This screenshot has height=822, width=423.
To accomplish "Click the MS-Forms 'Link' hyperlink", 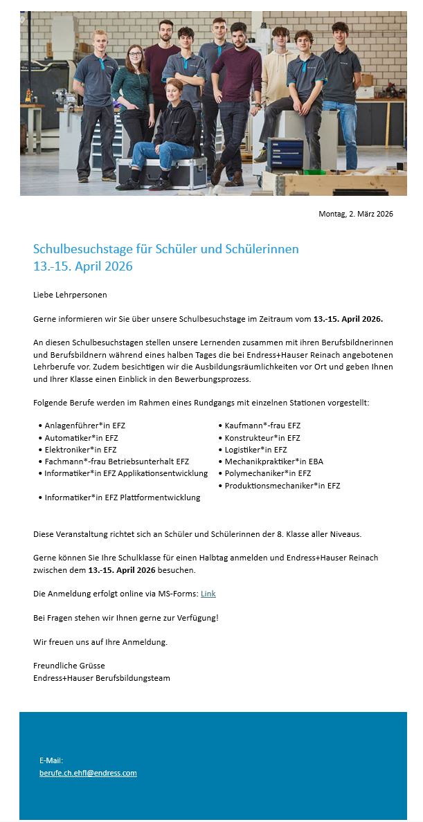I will pyautogui.click(x=208, y=594).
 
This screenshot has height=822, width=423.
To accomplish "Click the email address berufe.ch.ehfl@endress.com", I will pyautogui.click(x=88, y=773).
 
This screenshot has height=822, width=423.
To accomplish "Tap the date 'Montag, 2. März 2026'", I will pyautogui.click(x=355, y=214).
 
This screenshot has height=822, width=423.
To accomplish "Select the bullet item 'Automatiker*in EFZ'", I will pyautogui.click(x=81, y=438).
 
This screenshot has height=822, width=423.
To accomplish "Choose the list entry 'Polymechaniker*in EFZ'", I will pyautogui.click(x=268, y=473).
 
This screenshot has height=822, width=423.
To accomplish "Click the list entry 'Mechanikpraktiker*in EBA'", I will pyautogui.click(x=273, y=462).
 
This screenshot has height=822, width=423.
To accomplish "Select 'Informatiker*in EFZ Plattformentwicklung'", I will pyautogui.click(x=122, y=497).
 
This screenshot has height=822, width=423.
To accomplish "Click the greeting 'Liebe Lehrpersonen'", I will pyautogui.click(x=70, y=295).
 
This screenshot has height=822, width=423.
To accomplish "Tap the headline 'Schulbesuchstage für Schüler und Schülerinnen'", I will pyautogui.click(x=166, y=249).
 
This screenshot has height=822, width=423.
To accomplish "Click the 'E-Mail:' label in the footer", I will pyautogui.click(x=51, y=760).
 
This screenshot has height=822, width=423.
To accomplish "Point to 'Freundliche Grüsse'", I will pyautogui.click(x=69, y=666).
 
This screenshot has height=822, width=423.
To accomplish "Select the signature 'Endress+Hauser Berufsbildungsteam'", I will pyautogui.click(x=102, y=678).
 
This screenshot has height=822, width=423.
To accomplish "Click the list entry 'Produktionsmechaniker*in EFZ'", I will pyautogui.click(x=282, y=486).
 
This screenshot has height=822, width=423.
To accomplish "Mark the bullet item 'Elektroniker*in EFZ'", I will pyautogui.click(x=80, y=450).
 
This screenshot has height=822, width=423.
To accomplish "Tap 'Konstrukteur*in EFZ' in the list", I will pyautogui.click(x=262, y=438).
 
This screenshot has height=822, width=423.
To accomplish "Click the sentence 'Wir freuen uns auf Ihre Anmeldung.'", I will pyautogui.click(x=100, y=641).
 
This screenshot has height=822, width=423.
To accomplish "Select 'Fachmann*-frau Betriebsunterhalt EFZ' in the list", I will pyautogui.click(x=116, y=462).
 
